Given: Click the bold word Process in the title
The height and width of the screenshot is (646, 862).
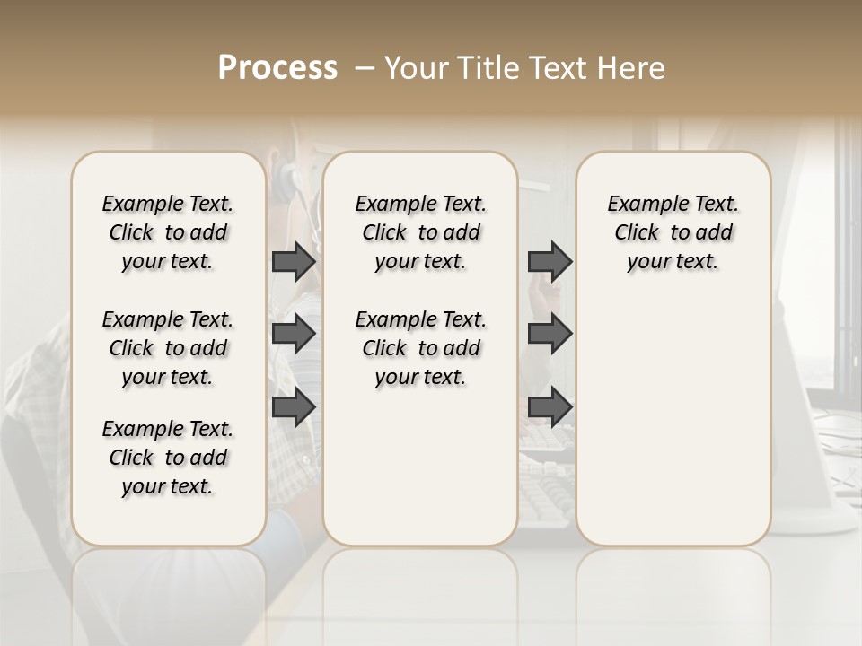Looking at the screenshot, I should [x=277, y=68].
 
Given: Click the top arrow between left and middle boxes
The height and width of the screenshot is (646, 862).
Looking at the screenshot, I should [x=294, y=261].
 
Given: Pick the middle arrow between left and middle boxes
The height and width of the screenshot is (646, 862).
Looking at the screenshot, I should [x=294, y=334].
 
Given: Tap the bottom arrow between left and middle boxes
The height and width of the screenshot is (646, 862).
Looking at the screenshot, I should [x=294, y=406].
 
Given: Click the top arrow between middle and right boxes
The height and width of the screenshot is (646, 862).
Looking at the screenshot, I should [x=550, y=261].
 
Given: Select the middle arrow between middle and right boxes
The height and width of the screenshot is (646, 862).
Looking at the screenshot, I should [x=550, y=334].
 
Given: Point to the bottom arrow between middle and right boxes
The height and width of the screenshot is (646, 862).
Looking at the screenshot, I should [x=550, y=406].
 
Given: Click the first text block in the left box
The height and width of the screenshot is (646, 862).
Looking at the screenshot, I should [x=168, y=232].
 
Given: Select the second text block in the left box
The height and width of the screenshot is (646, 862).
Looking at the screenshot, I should [x=168, y=348].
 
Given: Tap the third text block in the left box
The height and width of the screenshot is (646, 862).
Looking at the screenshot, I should [x=168, y=458].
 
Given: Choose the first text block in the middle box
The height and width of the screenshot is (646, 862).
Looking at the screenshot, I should [x=420, y=232].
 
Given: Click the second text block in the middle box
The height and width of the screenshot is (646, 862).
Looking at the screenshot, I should [x=420, y=348].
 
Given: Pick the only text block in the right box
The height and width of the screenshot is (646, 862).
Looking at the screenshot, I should [x=673, y=232].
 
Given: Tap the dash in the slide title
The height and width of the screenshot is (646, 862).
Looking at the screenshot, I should [x=364, y=68].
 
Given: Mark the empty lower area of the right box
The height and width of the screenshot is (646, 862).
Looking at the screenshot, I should [x=673, y=422].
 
